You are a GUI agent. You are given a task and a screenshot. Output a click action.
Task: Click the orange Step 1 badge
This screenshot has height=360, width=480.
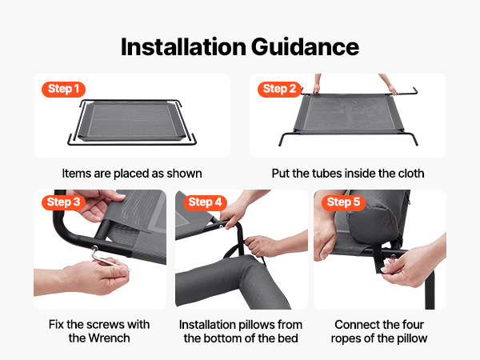click(x=64, y=89)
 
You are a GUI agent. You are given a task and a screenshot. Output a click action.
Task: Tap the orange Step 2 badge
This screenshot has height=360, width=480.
click(x=279, y=89)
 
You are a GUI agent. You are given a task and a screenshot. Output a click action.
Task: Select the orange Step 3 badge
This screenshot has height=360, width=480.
click(x=64, y=202)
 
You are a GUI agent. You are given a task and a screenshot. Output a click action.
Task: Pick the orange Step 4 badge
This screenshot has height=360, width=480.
click(x=205, y=202)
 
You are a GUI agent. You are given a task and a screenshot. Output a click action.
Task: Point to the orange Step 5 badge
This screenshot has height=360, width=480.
click(x=343, y=202)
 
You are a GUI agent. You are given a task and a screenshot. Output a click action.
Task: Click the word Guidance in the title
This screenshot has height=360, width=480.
click(x=305, y=47)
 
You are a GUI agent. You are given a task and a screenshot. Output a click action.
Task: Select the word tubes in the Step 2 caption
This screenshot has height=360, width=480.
click(x=326, y=174)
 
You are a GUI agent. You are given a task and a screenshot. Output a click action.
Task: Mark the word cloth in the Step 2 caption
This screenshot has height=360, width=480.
click(x=411, y=174)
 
